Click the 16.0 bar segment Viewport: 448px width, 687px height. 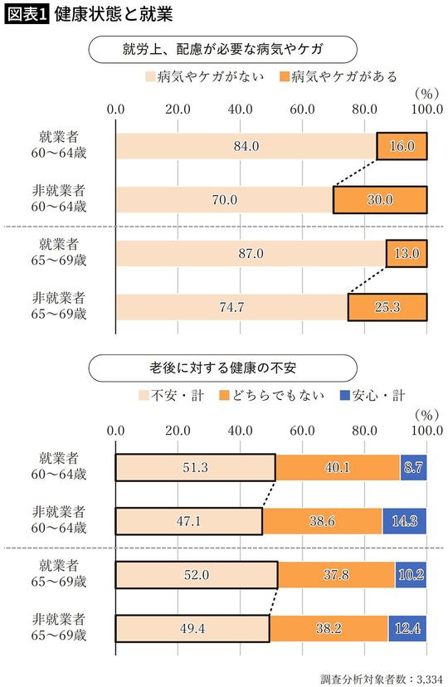point(402,147)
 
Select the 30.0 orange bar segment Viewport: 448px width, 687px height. point(380,200)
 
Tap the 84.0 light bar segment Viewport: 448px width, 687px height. point(246,147)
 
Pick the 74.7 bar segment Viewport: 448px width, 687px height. point(231,307)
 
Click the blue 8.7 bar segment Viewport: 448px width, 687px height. point(413,467)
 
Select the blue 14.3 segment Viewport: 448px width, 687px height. point(404,521)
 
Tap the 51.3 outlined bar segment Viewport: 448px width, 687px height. point(195,467)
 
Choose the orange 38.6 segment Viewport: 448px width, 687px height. point(322,521)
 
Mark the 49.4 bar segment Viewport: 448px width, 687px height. point(192,628)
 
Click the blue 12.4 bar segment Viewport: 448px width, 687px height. point(407,628)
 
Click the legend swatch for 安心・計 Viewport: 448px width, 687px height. point(346,395)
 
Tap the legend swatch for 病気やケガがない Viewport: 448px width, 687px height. point(153,77)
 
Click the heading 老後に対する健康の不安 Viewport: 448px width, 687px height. point(224,366)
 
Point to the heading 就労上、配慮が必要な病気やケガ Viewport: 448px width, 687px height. point(224,48)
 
